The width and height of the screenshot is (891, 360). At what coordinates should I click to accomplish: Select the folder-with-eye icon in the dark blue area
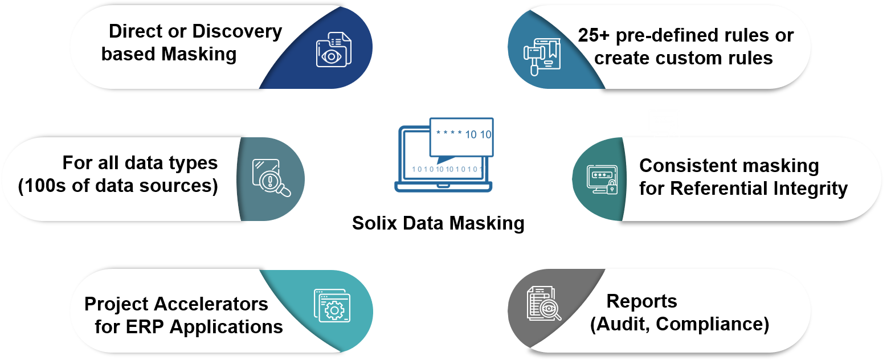click(334, 49)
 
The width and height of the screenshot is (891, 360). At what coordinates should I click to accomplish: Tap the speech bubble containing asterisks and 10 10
click(461, 136)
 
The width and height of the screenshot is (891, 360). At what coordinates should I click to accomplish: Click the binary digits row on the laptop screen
click(447, 169)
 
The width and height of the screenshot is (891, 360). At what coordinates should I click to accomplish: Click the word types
click(189, 163)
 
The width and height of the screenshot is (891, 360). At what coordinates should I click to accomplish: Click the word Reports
click(641, 301)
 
